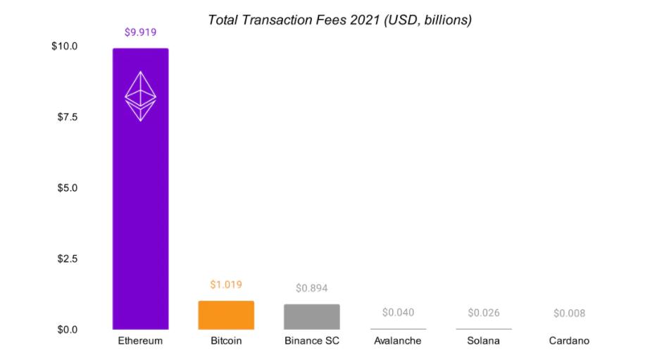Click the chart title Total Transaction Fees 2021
[x=339, y=20]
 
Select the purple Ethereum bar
[x=141, y=211]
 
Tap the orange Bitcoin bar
[x=226, y=315]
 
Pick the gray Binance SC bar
[x=312, y=317]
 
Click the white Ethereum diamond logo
[x=141, y=96]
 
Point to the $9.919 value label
[x=141, y=32]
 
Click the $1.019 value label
[x=226, y=285]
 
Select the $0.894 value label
[x=312, y=288]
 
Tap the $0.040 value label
[x=398, y=312]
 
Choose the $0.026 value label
[x=484, y=313]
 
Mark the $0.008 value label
[x=569, y=313]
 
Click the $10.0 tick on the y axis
[x=64, y=46]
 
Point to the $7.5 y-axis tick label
[x=67, y=116]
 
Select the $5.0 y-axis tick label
[x=67, y=188]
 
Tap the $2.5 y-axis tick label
[x=67, y=259]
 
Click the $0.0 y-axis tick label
[x=67, y=329]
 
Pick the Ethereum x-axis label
[x=141, y=341]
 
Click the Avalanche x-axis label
[x=398, y=341]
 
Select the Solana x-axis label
[x=484, y=341]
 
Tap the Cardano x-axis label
[x=569, y=341]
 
